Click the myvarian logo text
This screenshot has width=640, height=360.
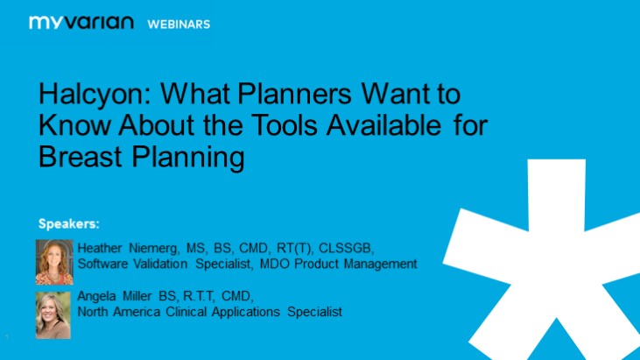[x=81, y=23]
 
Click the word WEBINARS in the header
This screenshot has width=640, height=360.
[x=179, y=24]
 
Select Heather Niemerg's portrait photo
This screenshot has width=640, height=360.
[x=54, y=261]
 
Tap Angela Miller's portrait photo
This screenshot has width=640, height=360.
[x=53, y=314]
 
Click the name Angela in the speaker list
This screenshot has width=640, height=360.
[x=97, y=296]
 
